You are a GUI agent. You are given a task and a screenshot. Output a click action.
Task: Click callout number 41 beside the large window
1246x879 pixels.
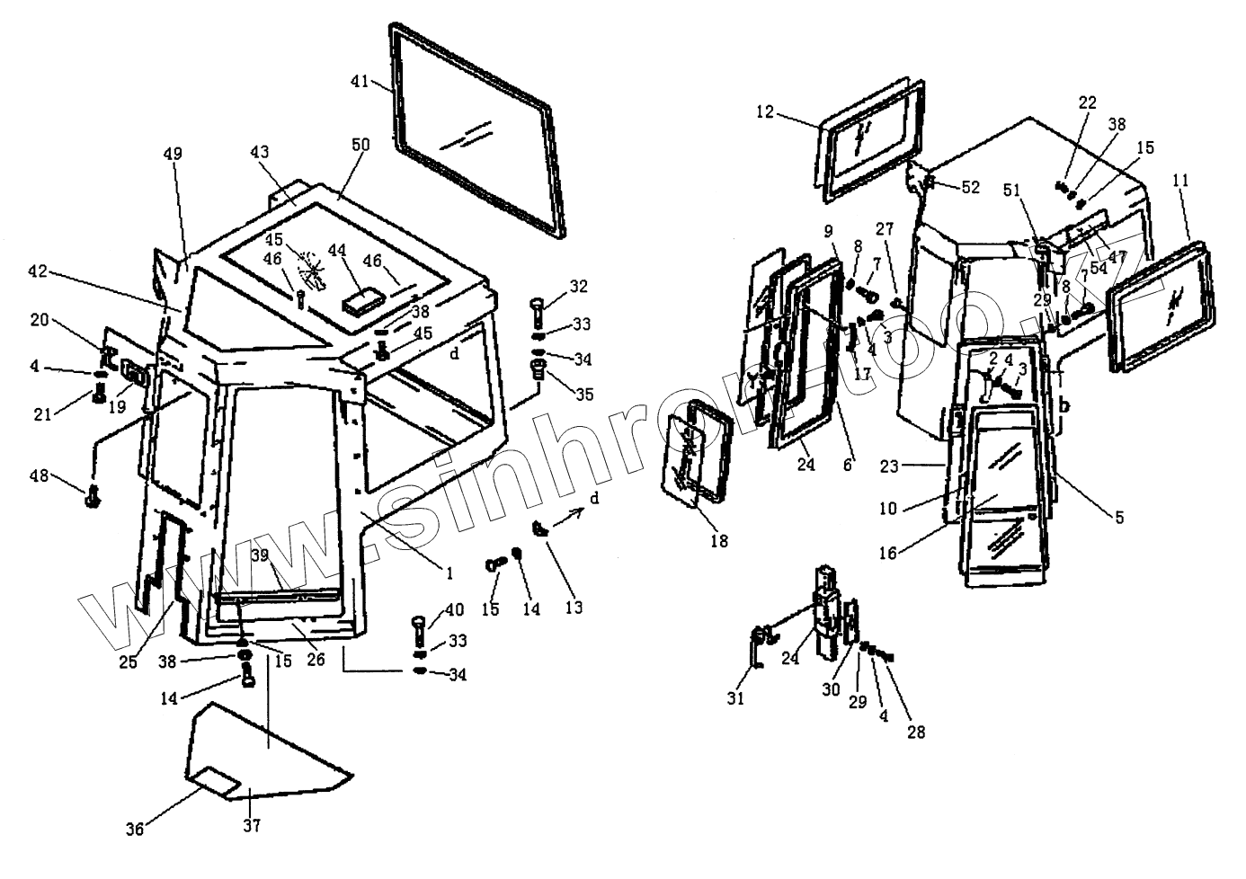coord(359,82)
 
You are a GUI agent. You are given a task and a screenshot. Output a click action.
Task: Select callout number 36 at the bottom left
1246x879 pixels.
coord(133,830)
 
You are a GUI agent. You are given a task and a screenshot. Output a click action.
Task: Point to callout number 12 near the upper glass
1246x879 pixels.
coord(764,111)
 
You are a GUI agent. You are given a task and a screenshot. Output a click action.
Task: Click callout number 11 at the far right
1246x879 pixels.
coord(1180,181)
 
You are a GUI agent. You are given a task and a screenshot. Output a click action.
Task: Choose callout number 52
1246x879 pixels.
coord(970,187)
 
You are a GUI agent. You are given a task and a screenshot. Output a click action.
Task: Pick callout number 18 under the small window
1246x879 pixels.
coord(718,541)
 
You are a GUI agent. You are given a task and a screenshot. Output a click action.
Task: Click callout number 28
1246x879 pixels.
coord(915,732)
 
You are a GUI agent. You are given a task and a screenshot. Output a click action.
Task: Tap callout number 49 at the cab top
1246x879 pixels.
coord(173,154)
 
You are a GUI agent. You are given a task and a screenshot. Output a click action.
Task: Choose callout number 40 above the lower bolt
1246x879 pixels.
coord(454,610)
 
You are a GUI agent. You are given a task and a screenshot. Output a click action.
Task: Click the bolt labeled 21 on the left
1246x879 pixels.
coord(98,393)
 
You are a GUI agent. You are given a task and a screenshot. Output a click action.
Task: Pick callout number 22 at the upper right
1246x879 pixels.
coord(1087,102)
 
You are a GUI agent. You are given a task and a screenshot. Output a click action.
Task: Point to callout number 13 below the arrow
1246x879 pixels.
coord(574,607)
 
